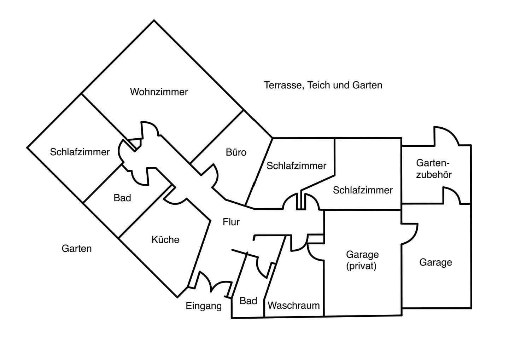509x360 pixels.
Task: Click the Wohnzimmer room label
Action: point(159,92)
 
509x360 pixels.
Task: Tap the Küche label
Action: point(165,240)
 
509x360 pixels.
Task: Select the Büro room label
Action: point(236,153)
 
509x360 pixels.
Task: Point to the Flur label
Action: point(231,222)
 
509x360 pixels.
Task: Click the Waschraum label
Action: point(294,305)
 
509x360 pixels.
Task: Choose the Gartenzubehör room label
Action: point(434,169)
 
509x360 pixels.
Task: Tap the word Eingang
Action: point(204,306)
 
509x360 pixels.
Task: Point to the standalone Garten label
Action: point(77,249)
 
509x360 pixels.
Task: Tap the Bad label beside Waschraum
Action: point(248,301)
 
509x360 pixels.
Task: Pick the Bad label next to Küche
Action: point(122,198)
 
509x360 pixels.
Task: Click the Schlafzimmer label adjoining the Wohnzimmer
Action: point(80,152)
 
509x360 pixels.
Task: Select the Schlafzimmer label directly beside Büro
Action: point(296,166)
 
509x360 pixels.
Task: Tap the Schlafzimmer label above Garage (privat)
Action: point(363,190)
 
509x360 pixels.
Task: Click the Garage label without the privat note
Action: point(435,262)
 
